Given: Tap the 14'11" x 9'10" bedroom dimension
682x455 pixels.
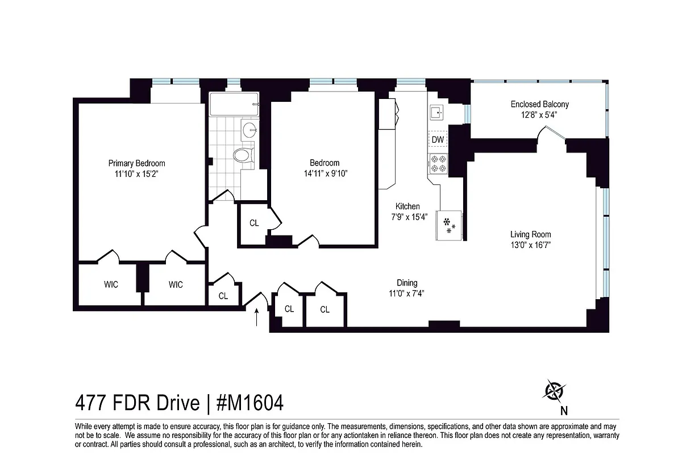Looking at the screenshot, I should point(325,173).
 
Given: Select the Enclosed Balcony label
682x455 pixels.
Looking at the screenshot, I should point(539,104).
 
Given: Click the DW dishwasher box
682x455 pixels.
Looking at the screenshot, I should point(438,139).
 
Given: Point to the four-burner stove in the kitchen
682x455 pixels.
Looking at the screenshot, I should point(438,163).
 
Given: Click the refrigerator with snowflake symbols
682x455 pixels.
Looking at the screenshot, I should point(450,225).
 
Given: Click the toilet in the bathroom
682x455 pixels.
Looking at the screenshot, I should point(244,155).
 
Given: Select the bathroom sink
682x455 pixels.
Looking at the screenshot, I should point(249,130).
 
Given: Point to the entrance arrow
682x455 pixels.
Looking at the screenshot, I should point(256,317).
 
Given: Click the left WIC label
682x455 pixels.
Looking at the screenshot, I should point(111,284).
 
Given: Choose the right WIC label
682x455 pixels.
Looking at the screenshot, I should point(176,284).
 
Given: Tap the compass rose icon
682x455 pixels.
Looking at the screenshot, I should point(554,391).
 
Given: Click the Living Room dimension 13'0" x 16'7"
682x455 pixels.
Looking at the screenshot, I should point(530,245).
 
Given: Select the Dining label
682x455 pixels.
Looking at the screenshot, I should point(407,283).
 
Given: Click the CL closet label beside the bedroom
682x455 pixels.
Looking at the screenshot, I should point(254,223).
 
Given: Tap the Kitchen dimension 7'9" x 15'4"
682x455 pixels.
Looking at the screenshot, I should point(408,217).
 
